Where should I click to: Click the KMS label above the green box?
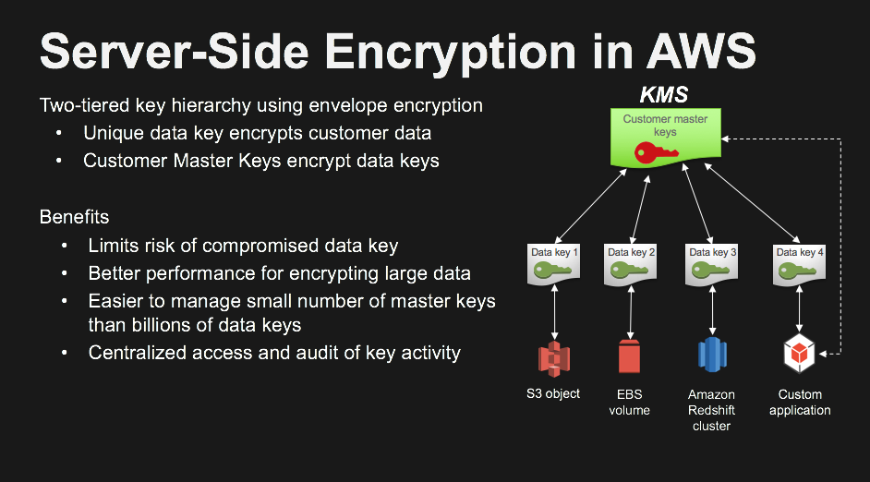(664, 95)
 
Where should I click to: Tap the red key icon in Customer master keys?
(656, 153)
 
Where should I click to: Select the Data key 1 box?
(553, 265)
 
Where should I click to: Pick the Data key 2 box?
(630, 265)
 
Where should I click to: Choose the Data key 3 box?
(711, 265)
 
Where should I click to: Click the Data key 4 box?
(799, 265)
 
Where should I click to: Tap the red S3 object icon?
(554, 359)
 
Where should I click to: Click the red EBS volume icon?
(629, 356)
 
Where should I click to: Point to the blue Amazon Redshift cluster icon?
(712, 355)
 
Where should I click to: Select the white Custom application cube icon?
(799, 354)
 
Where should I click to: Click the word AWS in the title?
(701, 51)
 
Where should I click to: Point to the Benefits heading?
(75, 217)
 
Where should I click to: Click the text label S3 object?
(553, 393)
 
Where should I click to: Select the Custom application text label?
(800, 403)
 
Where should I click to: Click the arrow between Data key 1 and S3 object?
(554, 312)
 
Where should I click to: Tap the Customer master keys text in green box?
(665, 126)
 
